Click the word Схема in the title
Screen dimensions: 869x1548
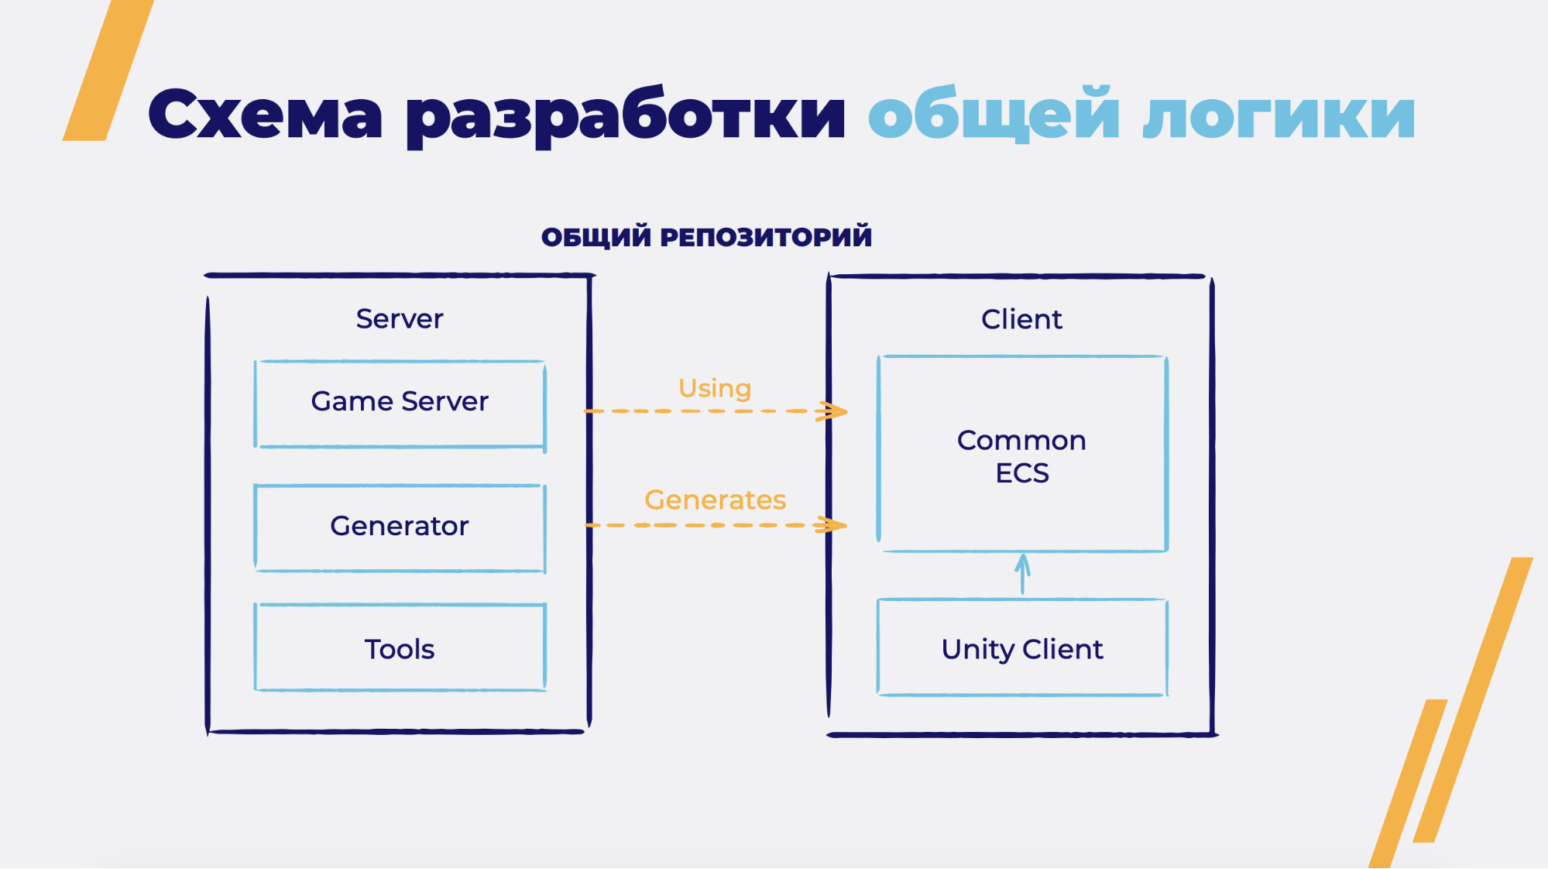coord(265,115)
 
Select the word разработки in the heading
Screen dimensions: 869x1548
coord(626,116)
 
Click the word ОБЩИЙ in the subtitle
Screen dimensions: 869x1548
coord(596,237)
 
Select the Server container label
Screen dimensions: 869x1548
coord(400,319)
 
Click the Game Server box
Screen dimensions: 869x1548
coord(400,404)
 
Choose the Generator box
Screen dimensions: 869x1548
coord(400,527)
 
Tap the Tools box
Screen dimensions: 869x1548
coord(400,648)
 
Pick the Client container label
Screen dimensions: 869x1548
coord(1021,319)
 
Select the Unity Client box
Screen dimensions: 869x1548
coord(1021,648)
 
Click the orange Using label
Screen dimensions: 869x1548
coord(715,388)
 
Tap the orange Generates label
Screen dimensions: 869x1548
coord(715,500)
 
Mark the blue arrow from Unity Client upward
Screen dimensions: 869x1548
coord(1023,574)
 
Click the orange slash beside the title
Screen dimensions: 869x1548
coord(108,70)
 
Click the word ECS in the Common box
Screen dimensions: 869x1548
coord(1022,473)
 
